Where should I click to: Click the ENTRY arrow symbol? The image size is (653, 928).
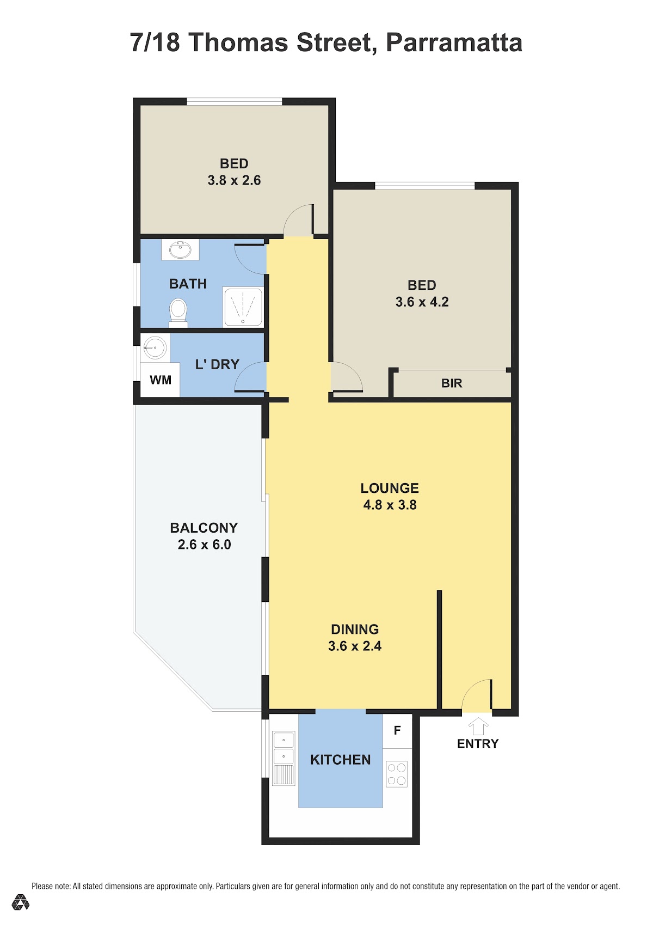478,726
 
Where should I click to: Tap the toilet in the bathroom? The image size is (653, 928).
178,313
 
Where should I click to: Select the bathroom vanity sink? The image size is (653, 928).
180,249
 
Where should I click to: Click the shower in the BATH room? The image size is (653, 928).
243,307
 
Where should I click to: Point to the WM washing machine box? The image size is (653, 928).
160,380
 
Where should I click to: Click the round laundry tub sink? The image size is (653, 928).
155,347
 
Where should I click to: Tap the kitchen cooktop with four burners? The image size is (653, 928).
397,774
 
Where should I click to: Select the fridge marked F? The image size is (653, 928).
397,731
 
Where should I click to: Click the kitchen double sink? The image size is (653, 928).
284,758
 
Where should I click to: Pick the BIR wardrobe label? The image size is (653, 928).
451,383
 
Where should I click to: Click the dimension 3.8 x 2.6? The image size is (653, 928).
234,180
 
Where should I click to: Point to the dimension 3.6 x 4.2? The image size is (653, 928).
422,302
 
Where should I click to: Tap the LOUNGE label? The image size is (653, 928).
390,488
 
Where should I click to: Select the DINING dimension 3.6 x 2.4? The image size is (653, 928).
355,646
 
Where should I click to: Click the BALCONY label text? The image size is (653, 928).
204,528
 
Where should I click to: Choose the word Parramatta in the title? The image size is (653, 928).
454,42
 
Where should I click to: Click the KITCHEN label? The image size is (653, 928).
340,759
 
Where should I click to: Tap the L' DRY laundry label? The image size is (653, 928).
217,364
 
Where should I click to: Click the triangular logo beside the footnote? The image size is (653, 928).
21,902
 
